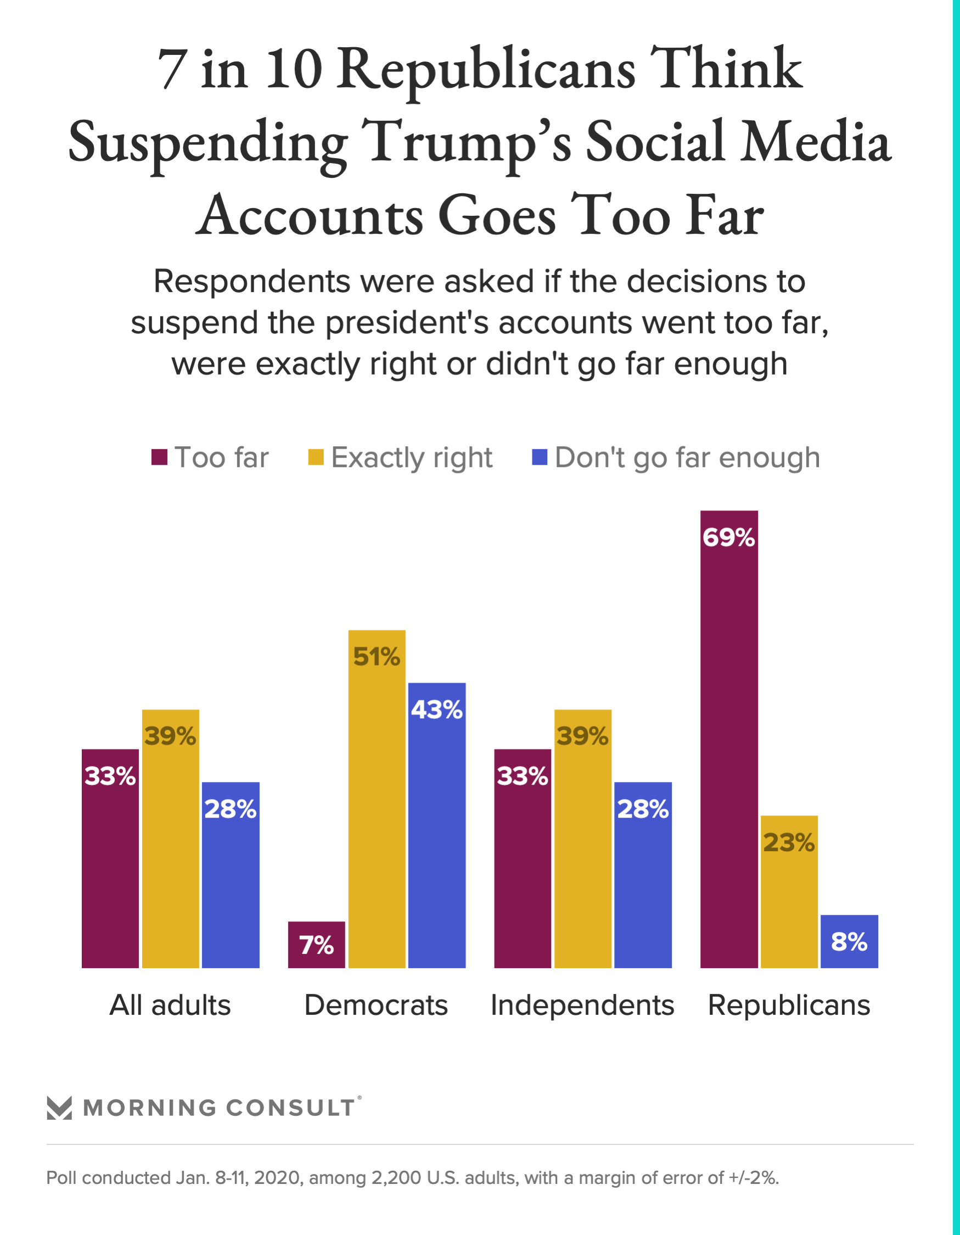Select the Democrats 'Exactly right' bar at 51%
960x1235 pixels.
point(377,803)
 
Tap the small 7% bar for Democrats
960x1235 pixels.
point(316,945)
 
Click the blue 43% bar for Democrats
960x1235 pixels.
point(436,831)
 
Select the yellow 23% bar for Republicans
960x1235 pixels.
point(789,893)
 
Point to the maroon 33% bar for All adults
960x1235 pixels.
point(110,859)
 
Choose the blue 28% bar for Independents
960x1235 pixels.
point(643,876)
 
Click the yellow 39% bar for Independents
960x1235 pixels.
point(582,842)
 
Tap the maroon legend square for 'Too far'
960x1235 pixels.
point(159,457)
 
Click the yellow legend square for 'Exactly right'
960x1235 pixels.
point(316,457)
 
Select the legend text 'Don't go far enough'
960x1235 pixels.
point(687,458)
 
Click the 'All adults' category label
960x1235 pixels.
point(170,1005)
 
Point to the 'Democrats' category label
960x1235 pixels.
point(376,1005)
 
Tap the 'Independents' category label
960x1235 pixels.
point(582,1005)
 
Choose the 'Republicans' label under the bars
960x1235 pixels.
point(789,1005)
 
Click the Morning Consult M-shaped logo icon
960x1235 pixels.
point(59,1108)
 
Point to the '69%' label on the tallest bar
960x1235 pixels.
point(729,537)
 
